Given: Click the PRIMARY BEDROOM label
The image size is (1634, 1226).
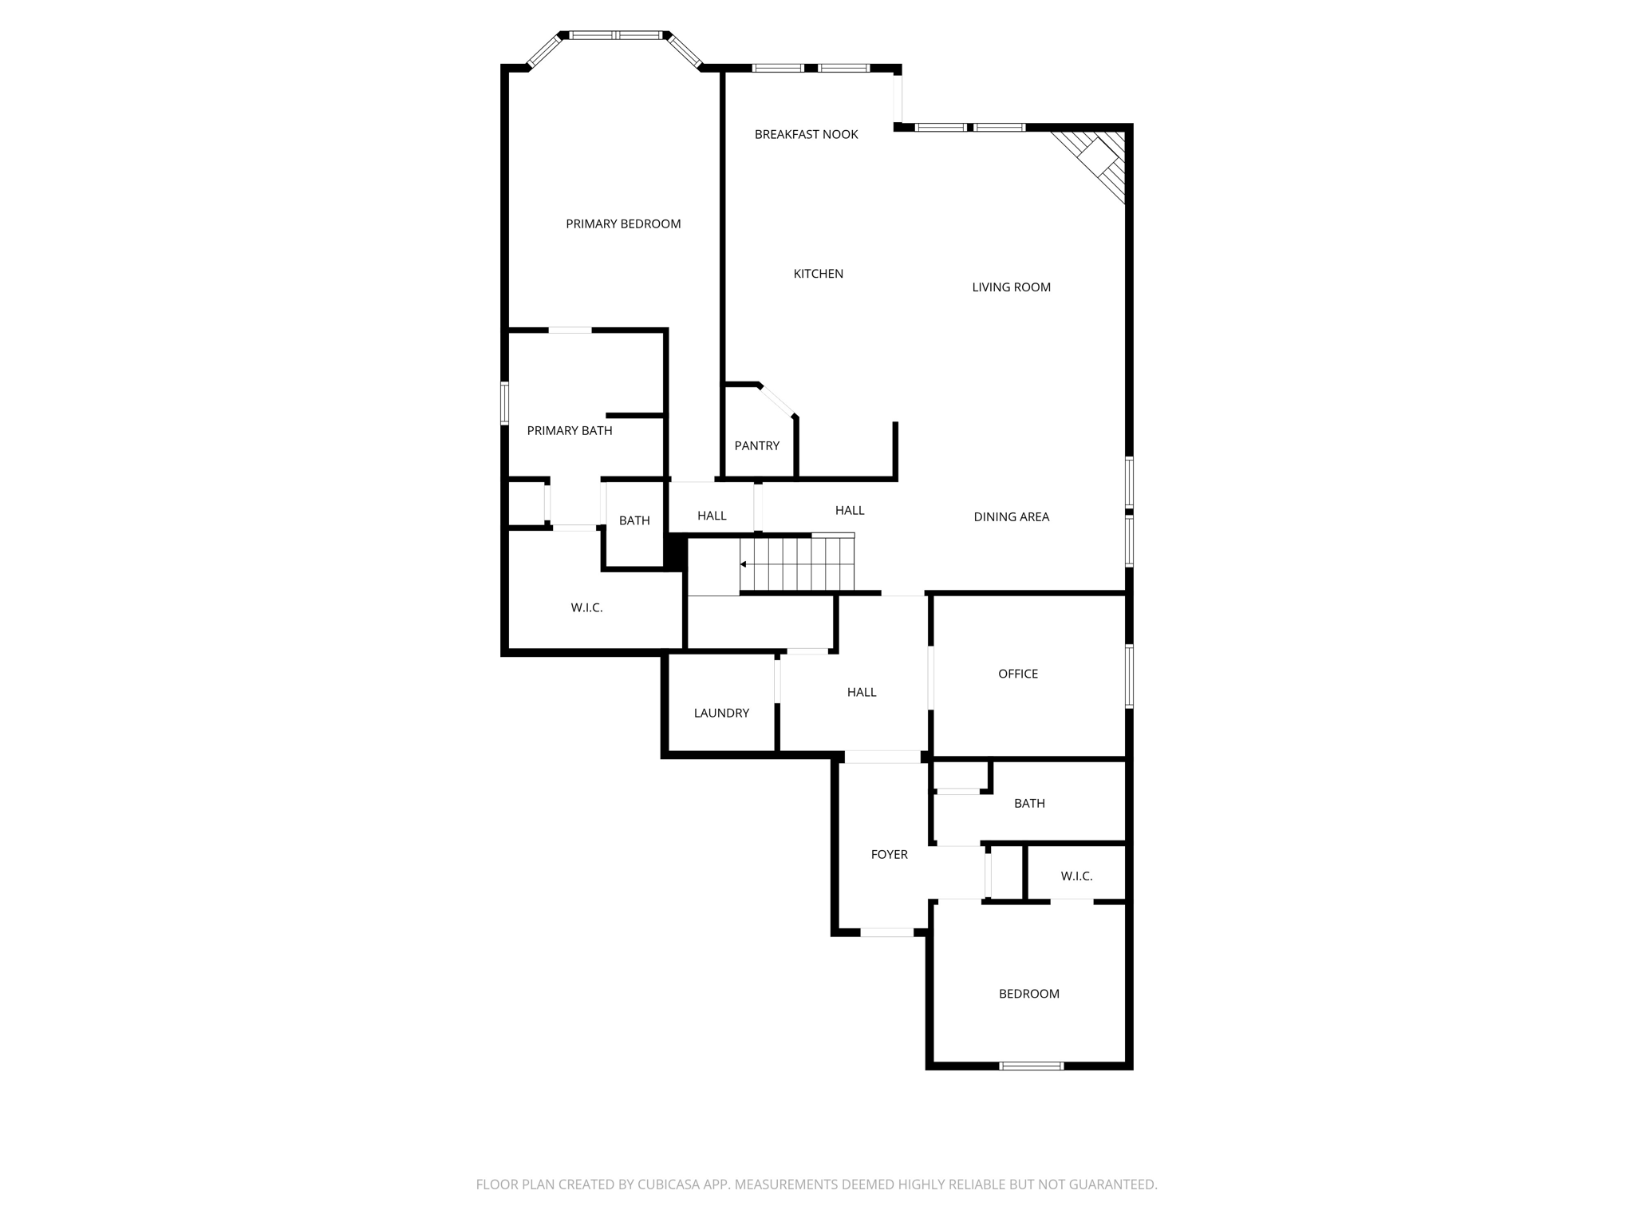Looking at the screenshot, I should [623, 224].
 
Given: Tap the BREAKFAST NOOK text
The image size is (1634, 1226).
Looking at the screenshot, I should [806, 135].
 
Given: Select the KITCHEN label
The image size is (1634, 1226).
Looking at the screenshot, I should [818, 274].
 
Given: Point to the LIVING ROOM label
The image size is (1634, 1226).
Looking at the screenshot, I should [1011, 287].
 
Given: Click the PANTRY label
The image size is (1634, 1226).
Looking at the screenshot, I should [756, 446].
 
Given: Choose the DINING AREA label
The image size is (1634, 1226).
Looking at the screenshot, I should [1011, 517].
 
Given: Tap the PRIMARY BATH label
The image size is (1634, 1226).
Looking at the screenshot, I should [570, 431].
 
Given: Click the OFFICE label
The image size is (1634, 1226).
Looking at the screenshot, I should [1017, 674].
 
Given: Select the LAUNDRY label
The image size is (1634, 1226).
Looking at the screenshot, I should [721, 714].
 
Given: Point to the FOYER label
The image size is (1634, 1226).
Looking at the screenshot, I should [889, 855].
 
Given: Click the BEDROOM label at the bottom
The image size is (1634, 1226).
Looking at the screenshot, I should [1028, 995].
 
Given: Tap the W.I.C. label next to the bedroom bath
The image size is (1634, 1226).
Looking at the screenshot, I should [1076, 876].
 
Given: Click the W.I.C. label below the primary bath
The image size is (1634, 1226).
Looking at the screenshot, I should [586, 608].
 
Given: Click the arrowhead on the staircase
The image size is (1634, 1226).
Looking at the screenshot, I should [744, 564].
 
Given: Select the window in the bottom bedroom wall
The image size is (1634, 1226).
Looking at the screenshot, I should [1031, 1066].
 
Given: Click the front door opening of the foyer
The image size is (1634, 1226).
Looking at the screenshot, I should [886, 932].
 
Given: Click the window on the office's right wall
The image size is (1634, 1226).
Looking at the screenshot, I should [1129, 676].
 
